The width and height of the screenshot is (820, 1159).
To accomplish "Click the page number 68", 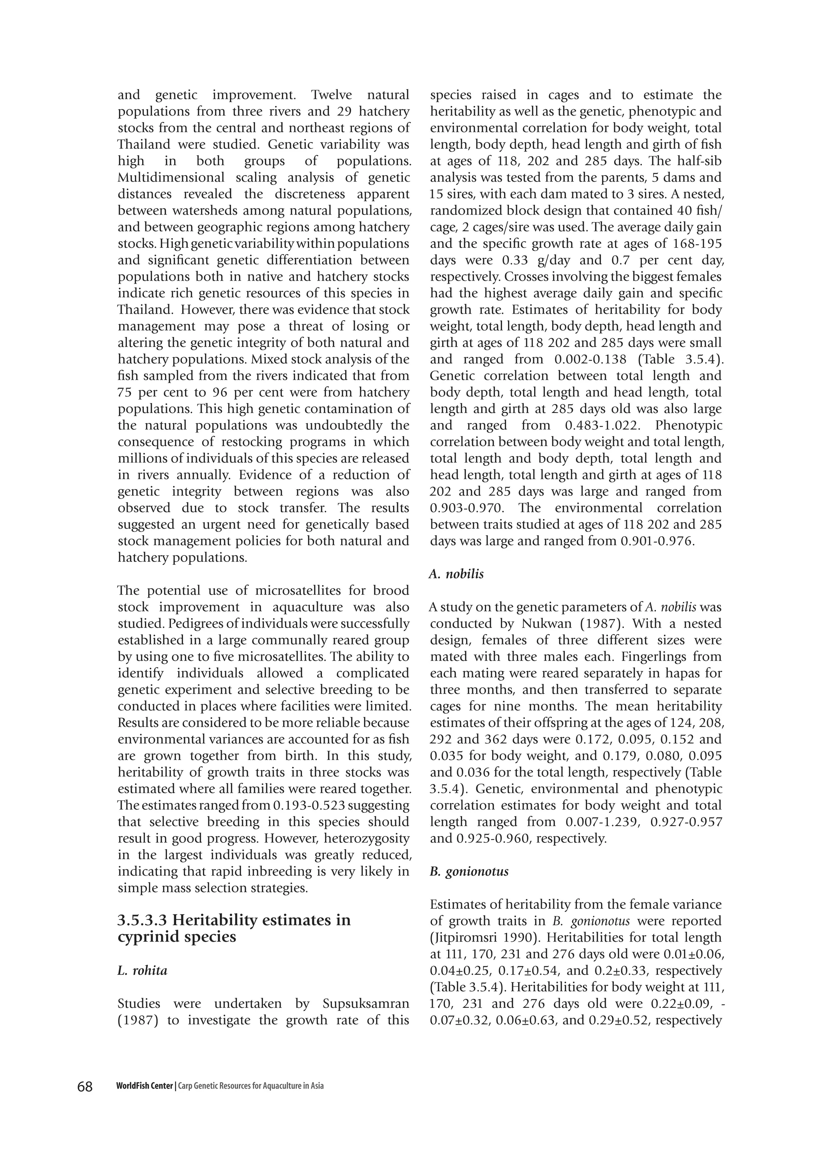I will [85, 1086].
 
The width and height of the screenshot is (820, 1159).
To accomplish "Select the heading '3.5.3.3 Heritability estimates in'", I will [234, 920].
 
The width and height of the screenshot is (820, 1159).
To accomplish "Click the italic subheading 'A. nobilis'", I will [456, 574].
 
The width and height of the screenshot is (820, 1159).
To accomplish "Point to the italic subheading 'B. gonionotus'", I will [469, 871].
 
